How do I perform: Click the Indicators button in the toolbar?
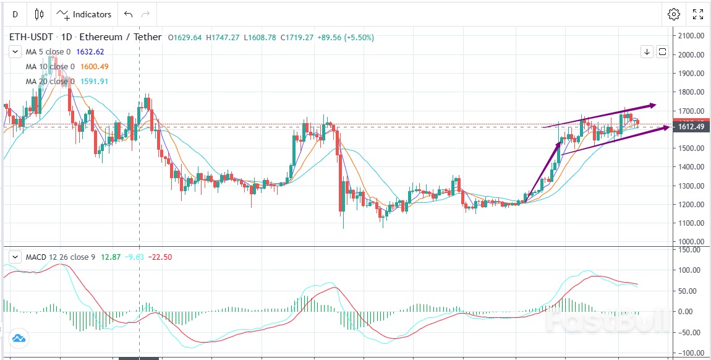(84, 14)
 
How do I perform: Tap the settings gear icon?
(673, 14)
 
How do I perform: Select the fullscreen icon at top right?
(697, 14)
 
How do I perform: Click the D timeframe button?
(15, 14)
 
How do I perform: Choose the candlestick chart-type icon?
(40, 14)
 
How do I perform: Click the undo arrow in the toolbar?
(128, 14)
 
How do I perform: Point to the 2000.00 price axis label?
(691, 54)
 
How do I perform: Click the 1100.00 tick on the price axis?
(691, 223)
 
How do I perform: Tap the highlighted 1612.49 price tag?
(691, 127)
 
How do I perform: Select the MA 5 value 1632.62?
(90, 52)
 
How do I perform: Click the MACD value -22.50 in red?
(159, 257)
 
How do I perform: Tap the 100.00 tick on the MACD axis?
(690, 270)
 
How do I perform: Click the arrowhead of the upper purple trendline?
(652, 105)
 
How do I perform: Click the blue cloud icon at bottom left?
(18, 338)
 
